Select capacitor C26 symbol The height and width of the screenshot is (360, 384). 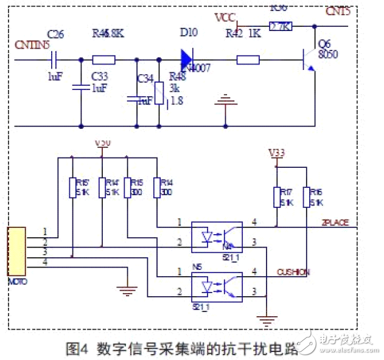coord(55,60)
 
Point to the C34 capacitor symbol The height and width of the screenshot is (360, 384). coord(136,97)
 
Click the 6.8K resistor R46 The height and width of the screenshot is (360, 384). coord(103,60)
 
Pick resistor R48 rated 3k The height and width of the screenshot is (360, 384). coord(159,91)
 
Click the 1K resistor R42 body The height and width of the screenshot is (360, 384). coord(248,60)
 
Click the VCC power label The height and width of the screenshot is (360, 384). coord(226,16)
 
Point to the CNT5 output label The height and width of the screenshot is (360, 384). coord(338,12)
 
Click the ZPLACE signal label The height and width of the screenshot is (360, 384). coord(335,223)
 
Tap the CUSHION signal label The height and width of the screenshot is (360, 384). coord(293,272)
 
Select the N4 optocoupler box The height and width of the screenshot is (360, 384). coord(217,237)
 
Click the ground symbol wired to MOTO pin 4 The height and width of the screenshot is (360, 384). coord(126,290)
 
